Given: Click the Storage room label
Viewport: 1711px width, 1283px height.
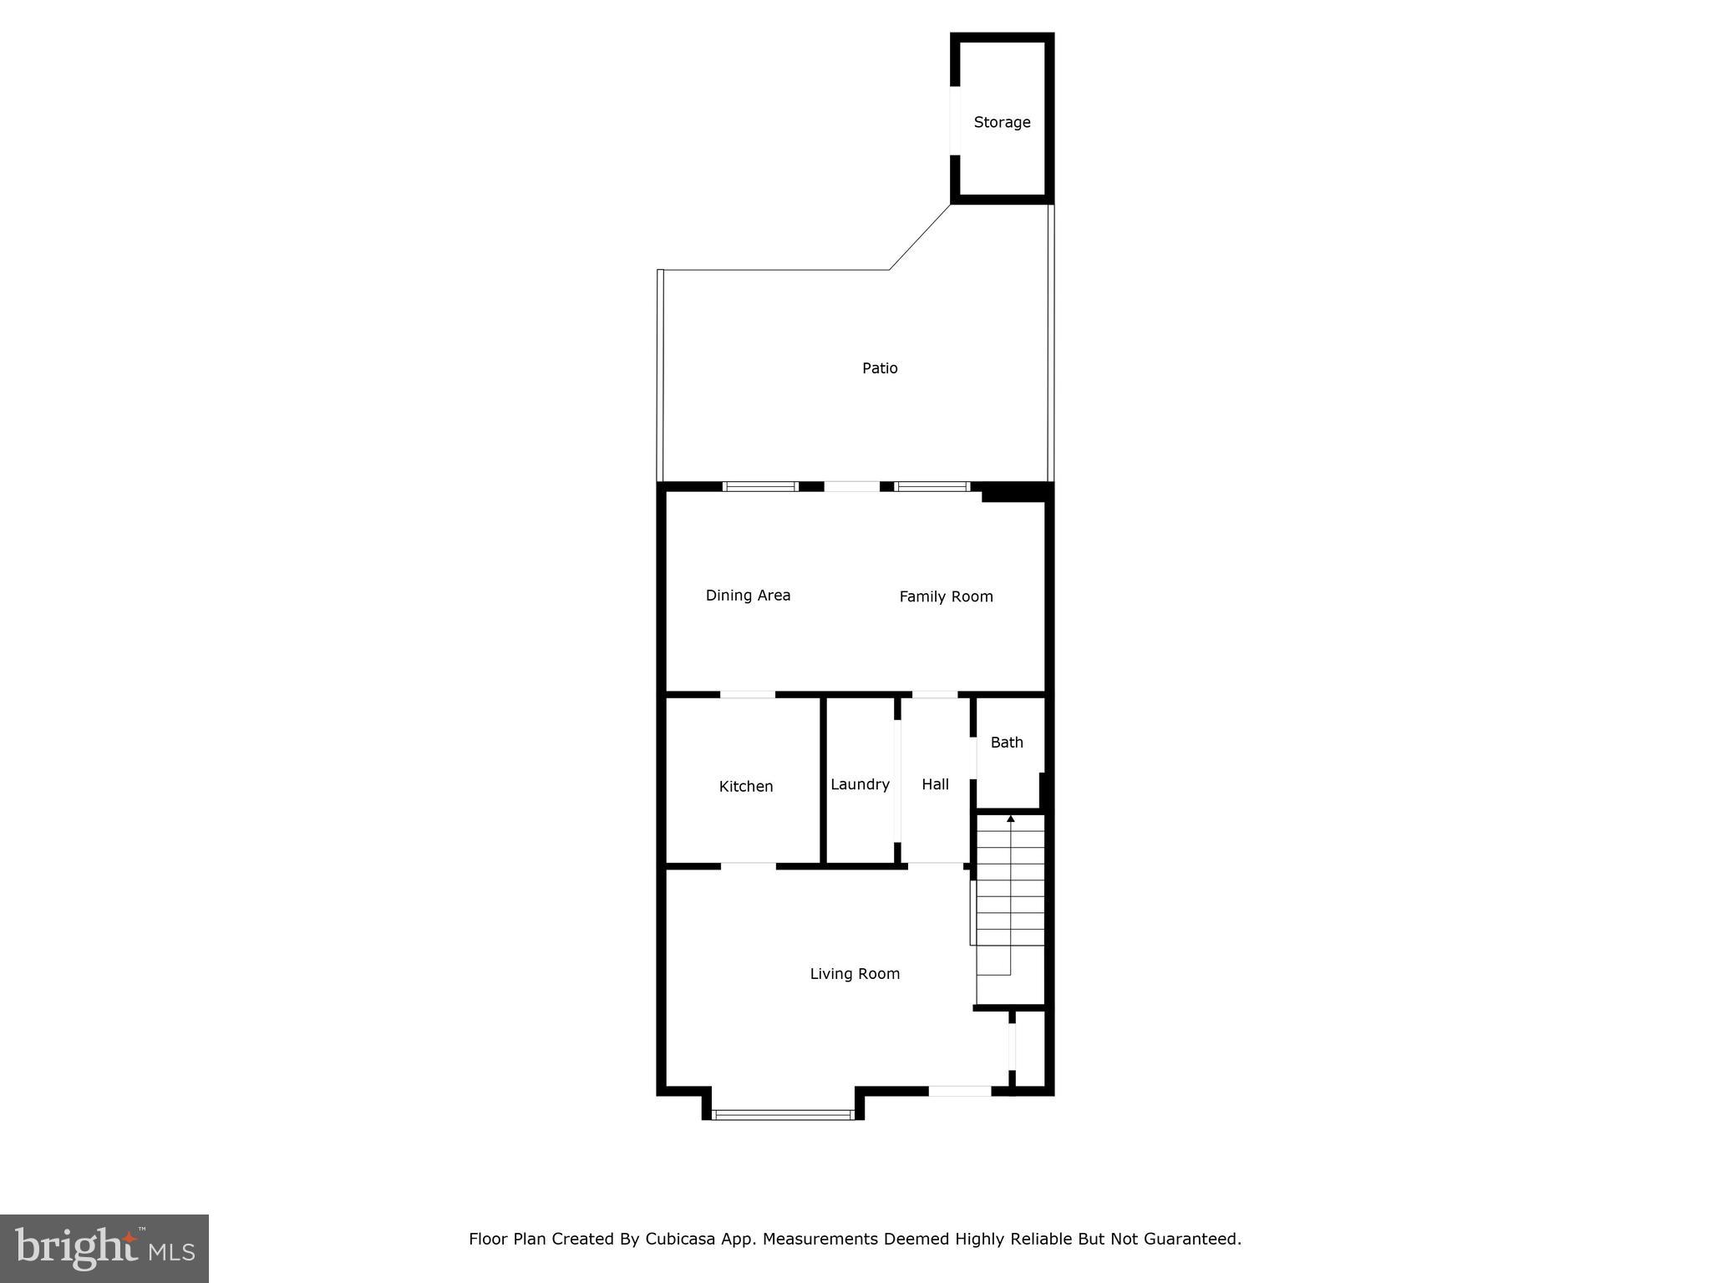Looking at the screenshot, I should click(1002, 122).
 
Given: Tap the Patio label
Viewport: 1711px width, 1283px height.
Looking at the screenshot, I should click(880, 368).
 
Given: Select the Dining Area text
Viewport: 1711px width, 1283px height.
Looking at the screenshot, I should click(748, 596).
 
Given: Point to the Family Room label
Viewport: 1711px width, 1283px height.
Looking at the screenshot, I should click(946, 596).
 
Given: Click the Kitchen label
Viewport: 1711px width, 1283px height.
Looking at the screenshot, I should click(746, 786).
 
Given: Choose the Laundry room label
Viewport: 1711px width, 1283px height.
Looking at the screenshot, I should click(860, 784).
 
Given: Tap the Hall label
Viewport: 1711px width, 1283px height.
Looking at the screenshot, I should click(935, 784).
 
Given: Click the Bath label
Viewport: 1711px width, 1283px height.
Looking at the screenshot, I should click(1007, 742).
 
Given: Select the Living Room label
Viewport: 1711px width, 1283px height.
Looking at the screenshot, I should click(855, 973).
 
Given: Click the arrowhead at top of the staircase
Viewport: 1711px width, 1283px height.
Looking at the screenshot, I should click(1011, 819).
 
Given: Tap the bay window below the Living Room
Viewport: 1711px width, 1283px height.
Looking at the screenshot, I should click(783, 1113).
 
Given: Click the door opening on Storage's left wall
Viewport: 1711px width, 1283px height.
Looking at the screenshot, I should click(955, 120).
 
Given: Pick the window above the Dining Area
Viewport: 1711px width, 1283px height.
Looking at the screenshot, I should click(760, 486).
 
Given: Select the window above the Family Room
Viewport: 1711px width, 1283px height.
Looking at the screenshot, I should click(932, 486).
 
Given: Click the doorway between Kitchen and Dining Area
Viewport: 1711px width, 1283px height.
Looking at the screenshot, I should click(747, 694).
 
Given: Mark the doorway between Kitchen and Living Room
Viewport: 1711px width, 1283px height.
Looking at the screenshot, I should click(748, 866).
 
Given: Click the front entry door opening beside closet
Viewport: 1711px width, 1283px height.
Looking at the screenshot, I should click(960, 1090).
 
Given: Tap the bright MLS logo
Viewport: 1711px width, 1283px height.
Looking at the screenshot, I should click(104, 1248).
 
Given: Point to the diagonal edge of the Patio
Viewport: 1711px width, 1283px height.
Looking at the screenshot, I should click(920, 236).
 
